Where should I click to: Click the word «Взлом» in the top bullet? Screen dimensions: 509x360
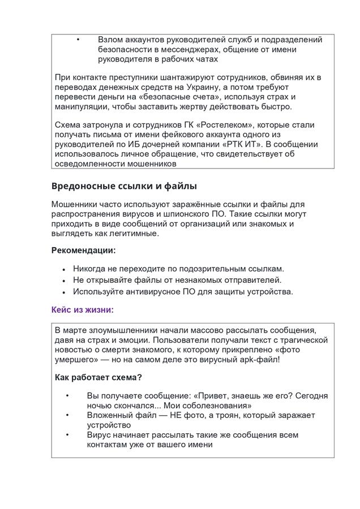point(110,40)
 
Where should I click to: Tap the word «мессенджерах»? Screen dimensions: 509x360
point(192,49)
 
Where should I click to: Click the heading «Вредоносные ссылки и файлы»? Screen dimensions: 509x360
point(124,186)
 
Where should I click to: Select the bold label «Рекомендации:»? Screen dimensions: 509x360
point(83,250)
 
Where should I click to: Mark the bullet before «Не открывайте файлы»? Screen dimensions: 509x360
point(64,280)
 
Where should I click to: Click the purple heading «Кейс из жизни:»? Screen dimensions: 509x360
point(82,309)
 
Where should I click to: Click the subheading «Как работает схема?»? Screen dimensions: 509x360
point(98,377)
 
